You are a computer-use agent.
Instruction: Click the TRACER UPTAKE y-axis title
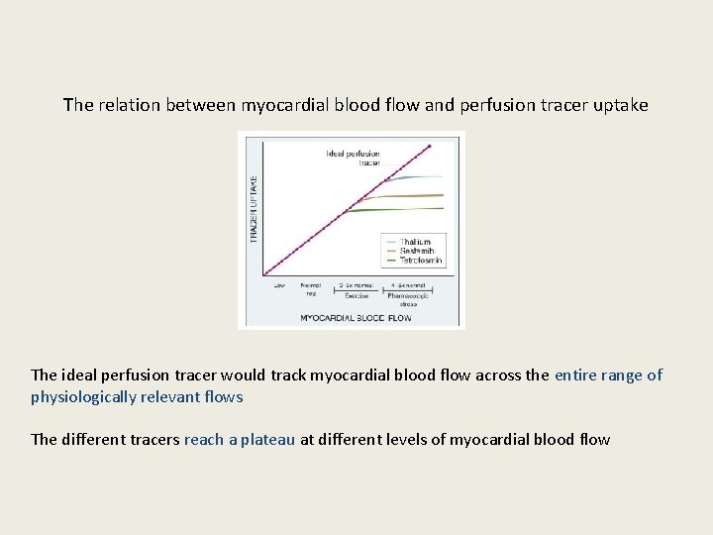(254, 209)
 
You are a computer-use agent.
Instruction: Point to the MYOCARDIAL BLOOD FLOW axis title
(356, 318)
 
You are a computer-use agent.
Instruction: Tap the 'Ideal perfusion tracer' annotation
(354, 158)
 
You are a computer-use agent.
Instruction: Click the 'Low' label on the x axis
(279, 286)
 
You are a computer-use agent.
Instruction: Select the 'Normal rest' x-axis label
(310, 290)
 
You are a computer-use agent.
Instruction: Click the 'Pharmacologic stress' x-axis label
(408, 298)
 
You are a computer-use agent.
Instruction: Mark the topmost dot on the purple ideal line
(430, 146)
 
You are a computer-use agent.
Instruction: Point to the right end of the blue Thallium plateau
(442, 177)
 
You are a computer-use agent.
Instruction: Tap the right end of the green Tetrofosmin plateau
(442, 208)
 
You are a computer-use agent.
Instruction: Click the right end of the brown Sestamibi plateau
(442, 195)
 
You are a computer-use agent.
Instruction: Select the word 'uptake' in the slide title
(620, 104)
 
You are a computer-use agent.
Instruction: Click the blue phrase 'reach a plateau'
(240, 439)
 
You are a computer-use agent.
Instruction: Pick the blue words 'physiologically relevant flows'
(137, 396)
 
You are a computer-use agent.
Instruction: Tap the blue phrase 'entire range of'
(608, 374)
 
